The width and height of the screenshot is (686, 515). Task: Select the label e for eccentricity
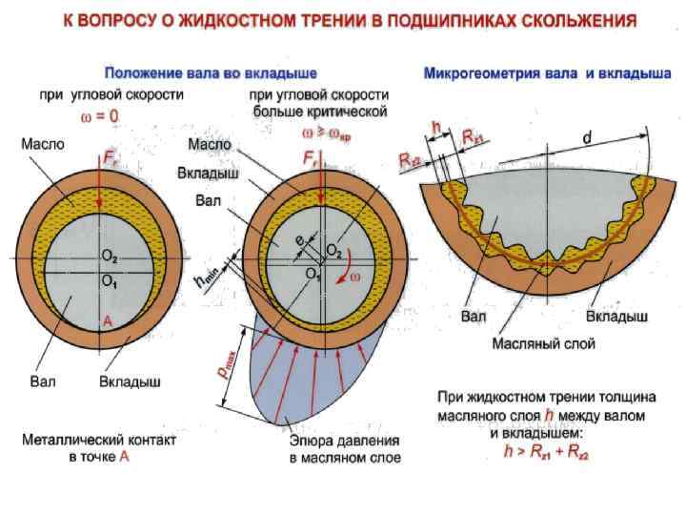coord(298,239)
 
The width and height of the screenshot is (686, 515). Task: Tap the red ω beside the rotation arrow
coord(353,277)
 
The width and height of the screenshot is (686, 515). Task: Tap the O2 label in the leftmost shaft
coord(110,257)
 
